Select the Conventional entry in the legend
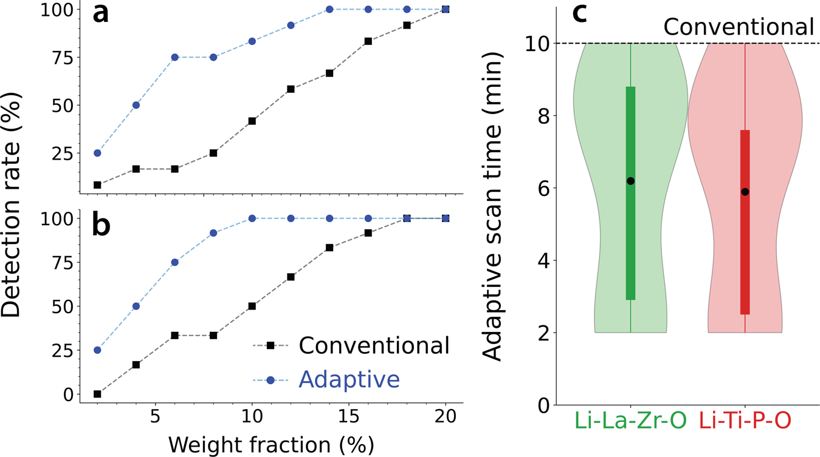tap(374, 345)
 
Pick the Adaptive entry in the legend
tap(349, 379)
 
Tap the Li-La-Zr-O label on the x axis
tap(630, 421)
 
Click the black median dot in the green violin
tap(630, 181)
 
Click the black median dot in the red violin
tap(745, 192)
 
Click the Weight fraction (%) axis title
tap(271, 444)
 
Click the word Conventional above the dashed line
tap(738, 27)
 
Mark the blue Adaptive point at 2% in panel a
tap(97, 153)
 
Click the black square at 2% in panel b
tap(97, 394)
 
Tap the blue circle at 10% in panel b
tap(252, 218)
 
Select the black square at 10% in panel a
tap(252, 121)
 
